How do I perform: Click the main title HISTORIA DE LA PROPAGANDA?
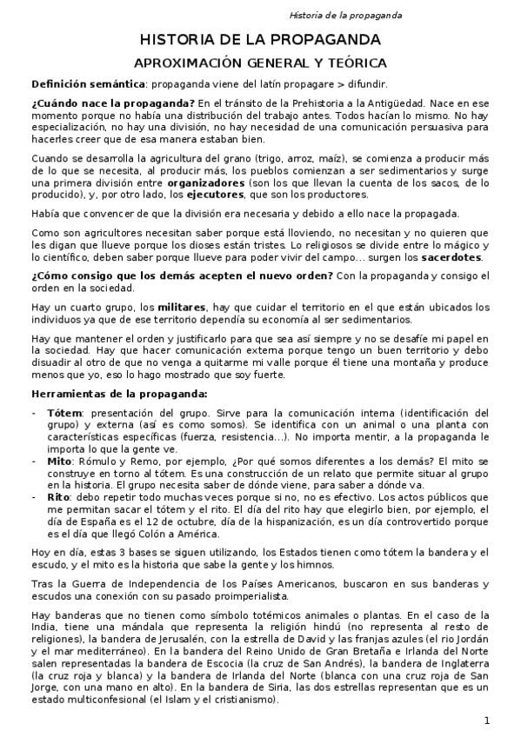pyautogui.click(x=260, y=40)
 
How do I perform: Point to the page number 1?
pyautogui.click(x=487, y=720)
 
